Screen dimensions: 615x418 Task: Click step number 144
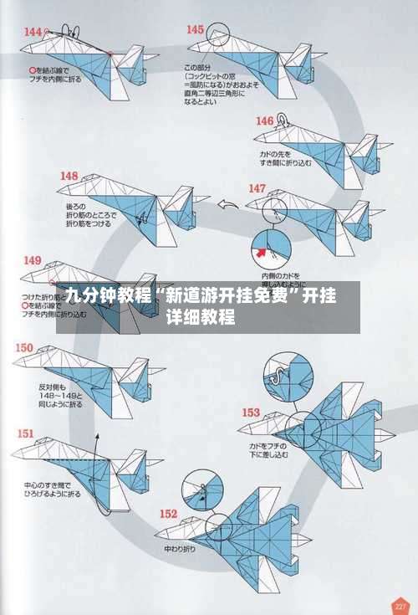pyautogui.click(x=33, y=32)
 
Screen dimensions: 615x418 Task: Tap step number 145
pyautogui.click(x=194, y=29)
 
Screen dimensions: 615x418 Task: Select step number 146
pyautogui.click(x=264, y=121)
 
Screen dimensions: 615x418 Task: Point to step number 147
pyautogui.click(x=257, y=188)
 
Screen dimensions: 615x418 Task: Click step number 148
pyautogui.click(x=69, y=176)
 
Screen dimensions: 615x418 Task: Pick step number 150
pyautogui.click(x=24, y=347)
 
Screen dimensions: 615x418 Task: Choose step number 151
pyautogui.click(x=26, y=433)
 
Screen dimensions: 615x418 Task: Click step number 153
pyautogui.click(x=251, y=412)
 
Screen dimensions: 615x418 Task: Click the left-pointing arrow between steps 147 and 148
pyautogui.click(x=226, y=203)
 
